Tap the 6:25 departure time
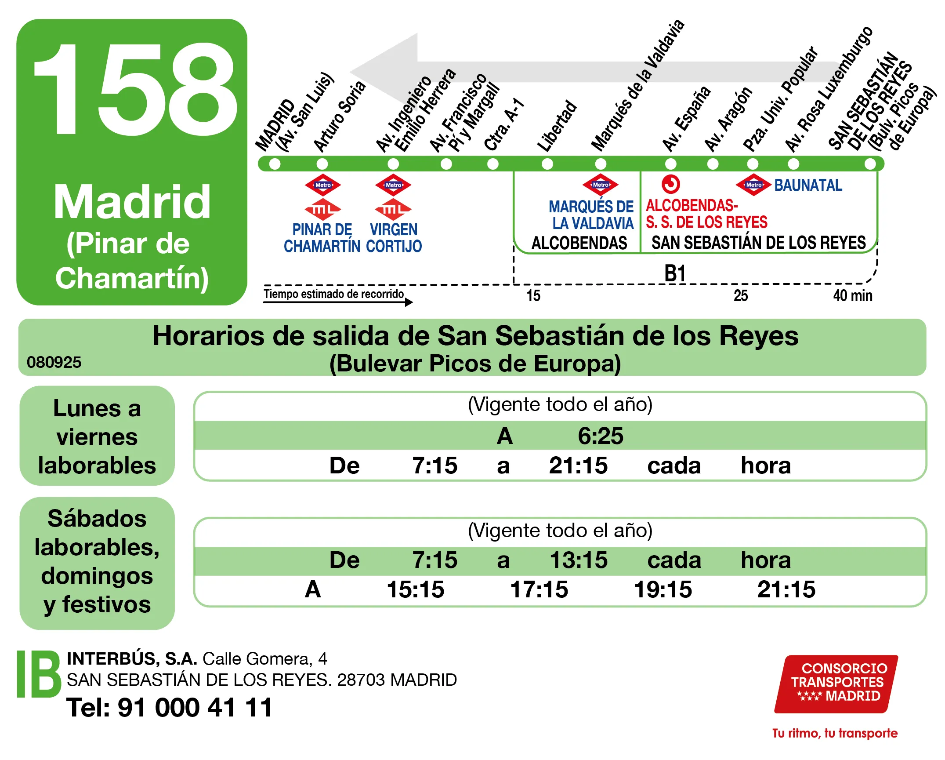tap(600, 436)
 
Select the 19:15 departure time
tap(663, 589)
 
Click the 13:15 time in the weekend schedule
tap(579, 560)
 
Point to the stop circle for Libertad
tap(547, 164)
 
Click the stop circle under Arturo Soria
tap(322, 164)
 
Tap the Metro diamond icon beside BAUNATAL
tap(753, 185)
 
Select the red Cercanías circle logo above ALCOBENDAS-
tap(671, 184)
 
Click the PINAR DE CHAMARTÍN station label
tap(322, 238)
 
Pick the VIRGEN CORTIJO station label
tap(394, 238)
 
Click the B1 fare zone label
tap(675, 273)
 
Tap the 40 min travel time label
tap(852, 296)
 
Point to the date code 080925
tap(54, 362)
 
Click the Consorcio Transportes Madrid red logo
tap(836, 683)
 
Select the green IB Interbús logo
tap(39, 674)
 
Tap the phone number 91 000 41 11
tap(195, 708)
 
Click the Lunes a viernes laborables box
tap(97, 436)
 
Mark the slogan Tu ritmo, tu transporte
tap(835, 733)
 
